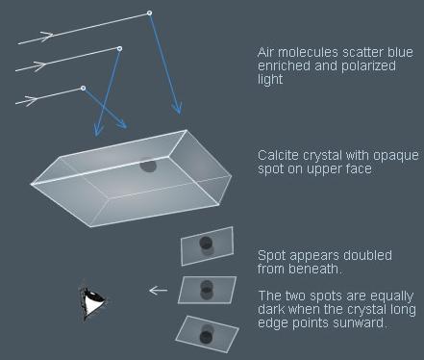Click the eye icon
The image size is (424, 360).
[92, 303]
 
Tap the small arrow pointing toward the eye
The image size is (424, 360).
[158, 290]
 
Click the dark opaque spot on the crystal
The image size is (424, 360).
[148, 165]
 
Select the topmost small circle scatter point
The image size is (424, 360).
[149, 13]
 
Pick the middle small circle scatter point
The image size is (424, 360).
[119, 48]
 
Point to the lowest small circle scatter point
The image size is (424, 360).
[84, 89]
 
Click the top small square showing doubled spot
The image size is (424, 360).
[207, 244]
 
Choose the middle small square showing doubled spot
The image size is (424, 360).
[207, 289]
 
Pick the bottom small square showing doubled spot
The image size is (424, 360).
[207, 332]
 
